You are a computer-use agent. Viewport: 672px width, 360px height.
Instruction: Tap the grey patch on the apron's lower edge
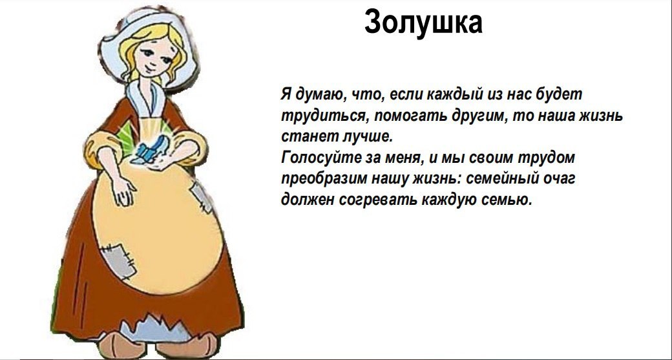point(117,259)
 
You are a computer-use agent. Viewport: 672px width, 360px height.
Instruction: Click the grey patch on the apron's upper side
point(200,198)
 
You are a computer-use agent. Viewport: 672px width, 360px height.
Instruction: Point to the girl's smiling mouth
point(150,68)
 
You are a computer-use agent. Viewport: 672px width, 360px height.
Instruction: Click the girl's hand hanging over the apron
point(124,191)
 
